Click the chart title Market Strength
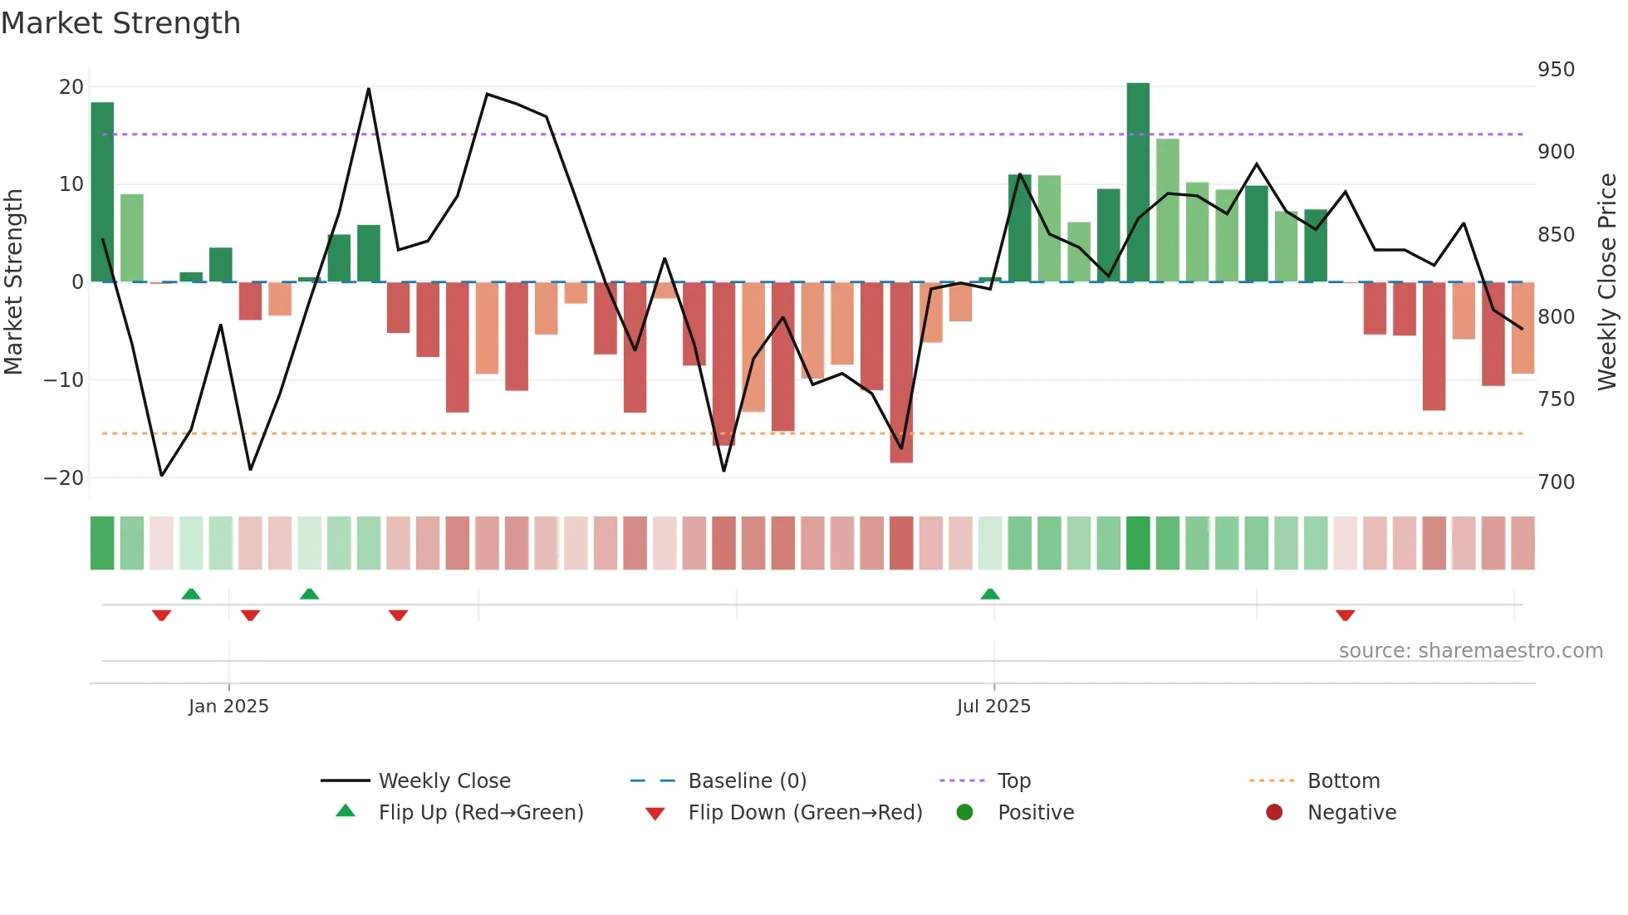pyautogui.click(x=121, y=23)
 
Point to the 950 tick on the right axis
pyautogui.click(x=1555, y=70)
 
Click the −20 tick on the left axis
pyautogui.click(x=63, y=478)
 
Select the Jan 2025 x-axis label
pyautogui.click(x=228, y=707)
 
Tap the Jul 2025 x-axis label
pyautogui.click(x=993, y=707)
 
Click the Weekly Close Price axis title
pyautogui.click(x=1608, y=282)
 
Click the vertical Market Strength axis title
pyautogui.click(x=14, y=282)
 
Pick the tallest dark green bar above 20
pyautogui.click(x=1138, y=183)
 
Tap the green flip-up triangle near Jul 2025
pyautogui.click(x=990, y=594)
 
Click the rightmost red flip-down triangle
pyautogui.click(x=1346, y=615)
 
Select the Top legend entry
pyautogui.click(x=1013, y=781)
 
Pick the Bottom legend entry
pyautogui.click(x=1343, y=781)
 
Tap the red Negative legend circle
pyautogui.click(x=1274, y=813)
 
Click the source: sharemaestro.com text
pyautogui.click(x=1470, y=651)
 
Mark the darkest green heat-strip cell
pyautogui.click(x=1138, y=543)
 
